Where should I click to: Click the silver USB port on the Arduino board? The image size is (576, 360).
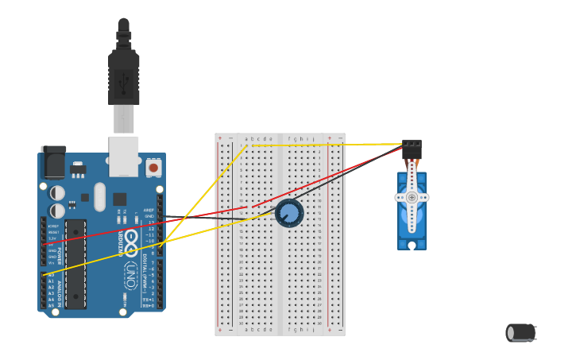point(123,156)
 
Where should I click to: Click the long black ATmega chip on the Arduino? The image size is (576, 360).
point(75,274)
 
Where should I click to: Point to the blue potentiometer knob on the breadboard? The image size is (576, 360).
point(289,213)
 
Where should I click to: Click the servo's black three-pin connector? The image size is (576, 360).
point(412,149)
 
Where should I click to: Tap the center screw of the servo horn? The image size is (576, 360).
point(412,197)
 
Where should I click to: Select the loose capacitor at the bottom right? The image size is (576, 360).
point(520,332)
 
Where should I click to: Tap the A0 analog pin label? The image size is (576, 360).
point(52,275)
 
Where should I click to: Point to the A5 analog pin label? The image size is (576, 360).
point(52,305)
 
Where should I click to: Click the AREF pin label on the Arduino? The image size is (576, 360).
point(149,211)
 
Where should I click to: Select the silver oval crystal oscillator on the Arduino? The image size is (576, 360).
point(99,196)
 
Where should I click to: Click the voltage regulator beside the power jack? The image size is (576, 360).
point(78,169)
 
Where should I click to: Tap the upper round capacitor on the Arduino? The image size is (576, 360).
point(57,192)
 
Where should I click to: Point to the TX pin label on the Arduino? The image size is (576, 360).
point(148,299)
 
